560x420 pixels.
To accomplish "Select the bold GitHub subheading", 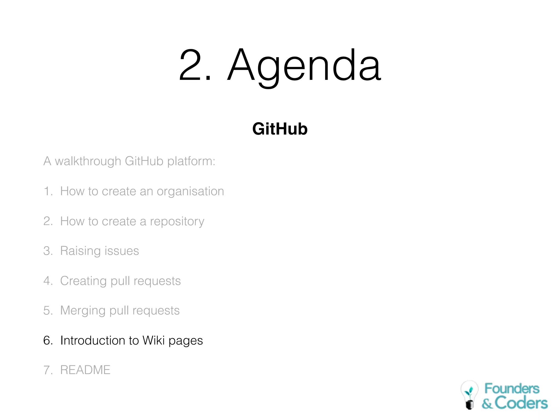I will pos(280,129).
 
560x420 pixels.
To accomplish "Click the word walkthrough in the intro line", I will pos(88,161).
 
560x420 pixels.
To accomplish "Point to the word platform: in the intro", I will pos(191,161).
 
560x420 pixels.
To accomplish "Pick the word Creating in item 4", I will pos(83,281).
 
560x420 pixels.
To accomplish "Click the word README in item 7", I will pos(85,370).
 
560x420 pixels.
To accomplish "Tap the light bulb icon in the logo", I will pos(469,395).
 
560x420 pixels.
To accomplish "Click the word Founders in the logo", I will pos(512,389).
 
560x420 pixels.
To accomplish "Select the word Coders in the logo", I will pos(521,403).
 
